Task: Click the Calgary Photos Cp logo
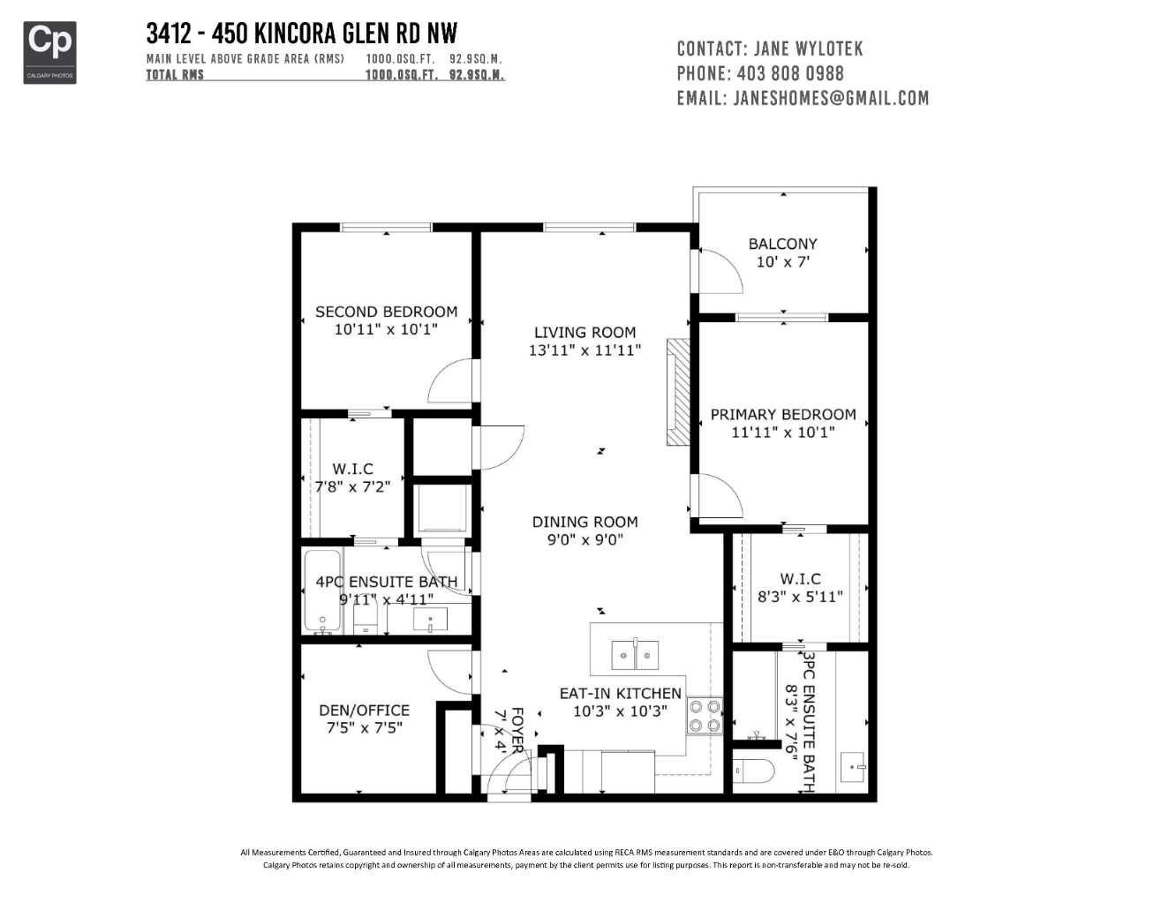49,52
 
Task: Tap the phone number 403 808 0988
789,73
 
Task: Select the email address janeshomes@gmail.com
830,98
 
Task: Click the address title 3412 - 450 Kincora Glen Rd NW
302,34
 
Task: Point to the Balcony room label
782,244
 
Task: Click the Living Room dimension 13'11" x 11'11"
584,350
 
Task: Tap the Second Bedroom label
386,312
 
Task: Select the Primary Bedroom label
782,414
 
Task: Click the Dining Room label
584,522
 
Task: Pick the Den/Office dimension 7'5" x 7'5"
364,728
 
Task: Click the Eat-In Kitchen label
620,693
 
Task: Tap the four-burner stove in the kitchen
705,716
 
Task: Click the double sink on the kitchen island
635,656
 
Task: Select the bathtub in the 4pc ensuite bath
322,591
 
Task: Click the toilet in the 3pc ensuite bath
752,771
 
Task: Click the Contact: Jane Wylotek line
769,49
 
